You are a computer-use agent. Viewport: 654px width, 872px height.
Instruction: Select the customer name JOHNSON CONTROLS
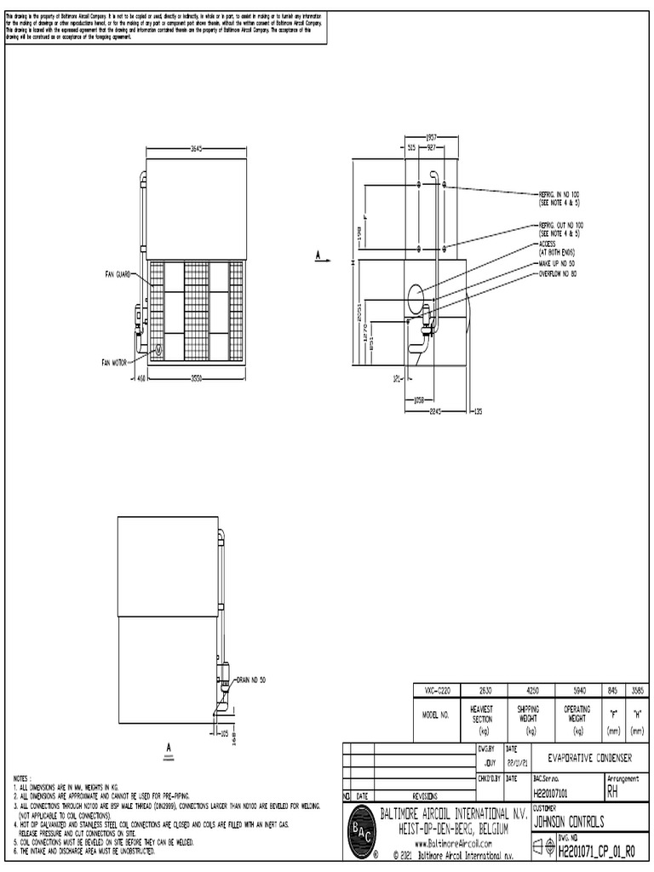[x=569, y=823]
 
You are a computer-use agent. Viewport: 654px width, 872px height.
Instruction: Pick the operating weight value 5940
[x=577, y=691]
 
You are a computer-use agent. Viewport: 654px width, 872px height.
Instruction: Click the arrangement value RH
[x=613, y=793]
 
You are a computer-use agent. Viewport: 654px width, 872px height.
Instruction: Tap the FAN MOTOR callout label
[x=113, y=362]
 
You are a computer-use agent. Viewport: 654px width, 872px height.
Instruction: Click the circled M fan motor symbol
[x=156, y=349]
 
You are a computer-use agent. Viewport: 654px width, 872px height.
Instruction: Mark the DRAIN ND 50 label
[x=251, y=680]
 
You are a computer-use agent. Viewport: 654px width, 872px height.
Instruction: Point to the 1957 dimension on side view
[x=432, y=136]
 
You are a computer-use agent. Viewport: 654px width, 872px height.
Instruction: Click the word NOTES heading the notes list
[x=23, y=777]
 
